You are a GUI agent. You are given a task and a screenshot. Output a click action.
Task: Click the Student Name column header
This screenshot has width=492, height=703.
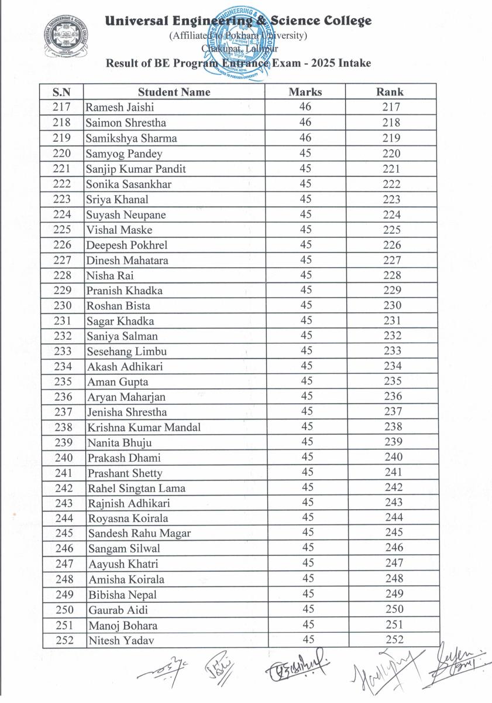tap(174, 92)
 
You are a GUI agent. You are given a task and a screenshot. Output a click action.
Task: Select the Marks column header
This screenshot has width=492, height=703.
tap(305, 92)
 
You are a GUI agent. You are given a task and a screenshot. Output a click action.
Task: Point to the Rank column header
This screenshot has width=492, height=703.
tap(390, 92)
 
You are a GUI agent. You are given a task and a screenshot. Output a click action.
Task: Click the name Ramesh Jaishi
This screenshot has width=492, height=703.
tap(120, 108)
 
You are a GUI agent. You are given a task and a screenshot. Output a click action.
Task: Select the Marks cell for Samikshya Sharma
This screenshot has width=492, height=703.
tap(305, 138)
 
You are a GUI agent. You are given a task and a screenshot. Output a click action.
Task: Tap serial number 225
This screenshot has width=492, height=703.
tap(62, 230)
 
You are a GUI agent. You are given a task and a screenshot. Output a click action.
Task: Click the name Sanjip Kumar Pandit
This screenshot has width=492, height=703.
tap(136, 169)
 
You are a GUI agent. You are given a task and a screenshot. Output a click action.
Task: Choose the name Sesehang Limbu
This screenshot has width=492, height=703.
tap(126, 351)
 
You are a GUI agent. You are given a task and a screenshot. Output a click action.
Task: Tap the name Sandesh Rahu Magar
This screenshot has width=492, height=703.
tap(139, 534)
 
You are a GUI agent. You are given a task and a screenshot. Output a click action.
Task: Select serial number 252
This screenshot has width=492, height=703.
tap(64, 640)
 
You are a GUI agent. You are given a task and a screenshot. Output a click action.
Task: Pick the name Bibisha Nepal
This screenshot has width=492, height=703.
tap(122, 595)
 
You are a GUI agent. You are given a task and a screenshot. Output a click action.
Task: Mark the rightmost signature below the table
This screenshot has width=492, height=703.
tap(458, 663)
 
